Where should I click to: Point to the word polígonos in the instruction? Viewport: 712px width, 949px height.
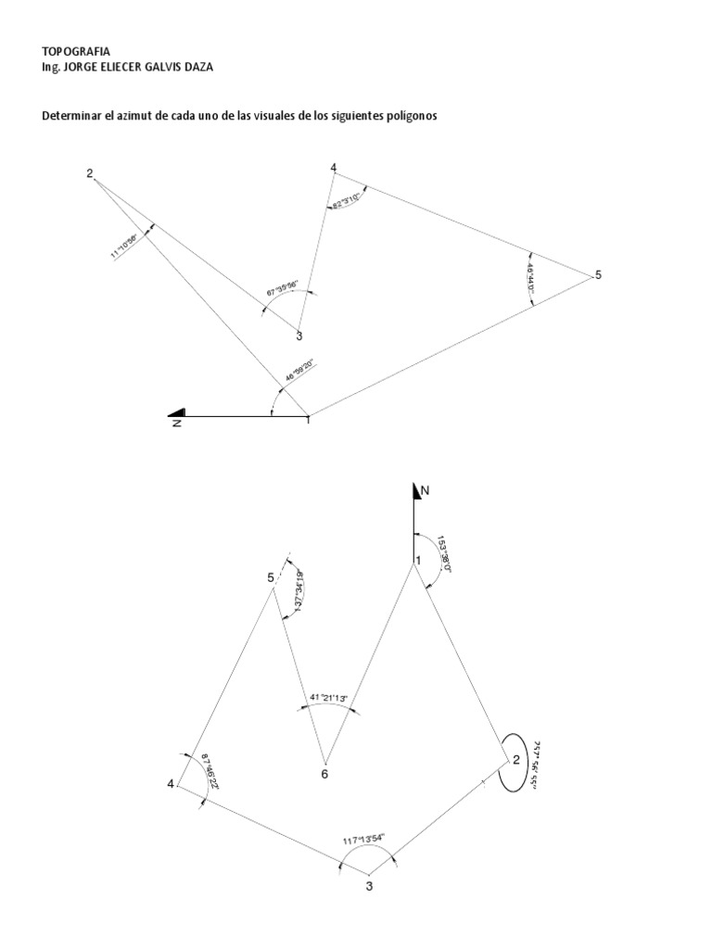tap(407, 117)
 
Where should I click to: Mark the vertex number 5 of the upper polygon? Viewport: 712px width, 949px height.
tap(598, 275)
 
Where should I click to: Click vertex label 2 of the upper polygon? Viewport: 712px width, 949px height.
tap(90, 173)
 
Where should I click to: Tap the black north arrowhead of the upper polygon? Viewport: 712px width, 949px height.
tap(177, 412)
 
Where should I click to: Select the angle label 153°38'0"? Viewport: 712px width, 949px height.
tap(444, 553)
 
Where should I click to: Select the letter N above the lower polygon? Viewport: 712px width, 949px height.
tap(426, 489)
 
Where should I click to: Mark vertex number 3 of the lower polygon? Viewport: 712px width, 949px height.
tap(369, 887)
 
